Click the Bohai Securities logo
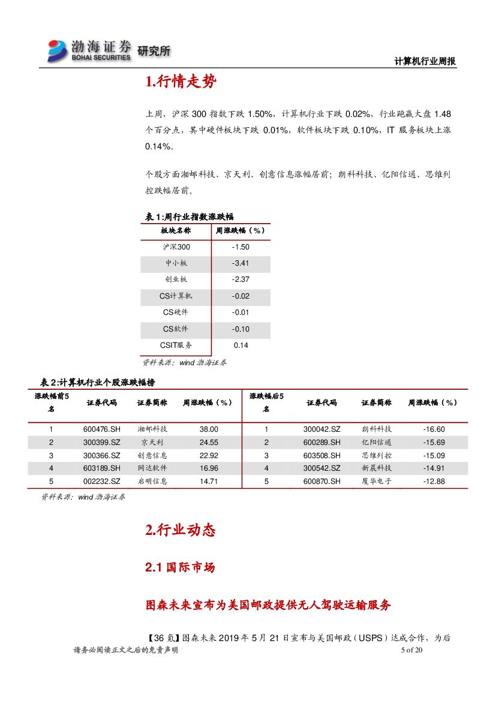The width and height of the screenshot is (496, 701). click(90, 50)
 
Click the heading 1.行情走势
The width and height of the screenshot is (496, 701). click(181, 83)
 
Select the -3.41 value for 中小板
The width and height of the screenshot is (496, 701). click(241, 263)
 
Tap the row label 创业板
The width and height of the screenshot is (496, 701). click(176, 279)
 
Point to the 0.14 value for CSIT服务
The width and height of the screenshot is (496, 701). click(241, 345)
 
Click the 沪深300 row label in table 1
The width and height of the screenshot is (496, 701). click(176, 247)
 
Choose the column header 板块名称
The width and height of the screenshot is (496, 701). click(176, 231)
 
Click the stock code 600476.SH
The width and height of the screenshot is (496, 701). click(102, 429)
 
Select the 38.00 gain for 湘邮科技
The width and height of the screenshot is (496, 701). click(209, 429)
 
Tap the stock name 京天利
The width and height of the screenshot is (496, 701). click(152, 443)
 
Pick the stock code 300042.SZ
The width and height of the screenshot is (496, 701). click(321, 429)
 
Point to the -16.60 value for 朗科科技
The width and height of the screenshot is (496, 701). click(434, 429)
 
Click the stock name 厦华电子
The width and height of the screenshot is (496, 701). click(377, 482)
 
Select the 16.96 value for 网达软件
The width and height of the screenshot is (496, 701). click(209, 468)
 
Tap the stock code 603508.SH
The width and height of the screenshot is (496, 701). click(321, 456)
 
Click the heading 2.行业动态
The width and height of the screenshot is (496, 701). click(180, 530)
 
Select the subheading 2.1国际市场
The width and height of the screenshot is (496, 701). click(180, 567)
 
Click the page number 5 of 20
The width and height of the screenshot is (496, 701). click(411, 650)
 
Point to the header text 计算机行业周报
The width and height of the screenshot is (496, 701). click(425, 61)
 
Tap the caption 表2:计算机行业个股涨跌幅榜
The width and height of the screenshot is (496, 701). click(97, 383)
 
